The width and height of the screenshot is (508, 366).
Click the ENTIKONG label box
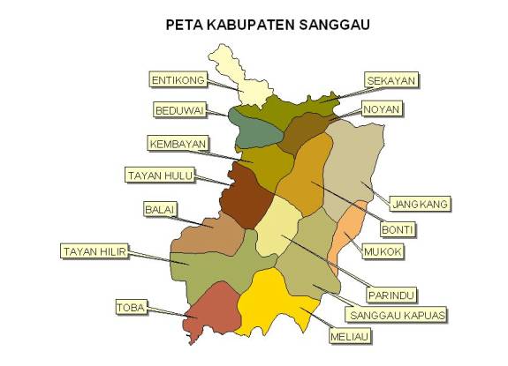[178, 80]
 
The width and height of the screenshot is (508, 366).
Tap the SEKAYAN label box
[391, 80]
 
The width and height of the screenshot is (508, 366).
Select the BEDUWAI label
[179, 110]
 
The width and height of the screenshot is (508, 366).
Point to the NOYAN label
[382, 109]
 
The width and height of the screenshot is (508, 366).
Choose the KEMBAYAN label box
[178, 143]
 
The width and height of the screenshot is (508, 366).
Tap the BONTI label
[398, 229]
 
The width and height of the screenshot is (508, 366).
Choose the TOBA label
[131, 307]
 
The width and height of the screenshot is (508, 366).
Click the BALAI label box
[160, 210]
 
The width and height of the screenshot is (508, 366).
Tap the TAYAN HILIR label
[94, 251]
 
